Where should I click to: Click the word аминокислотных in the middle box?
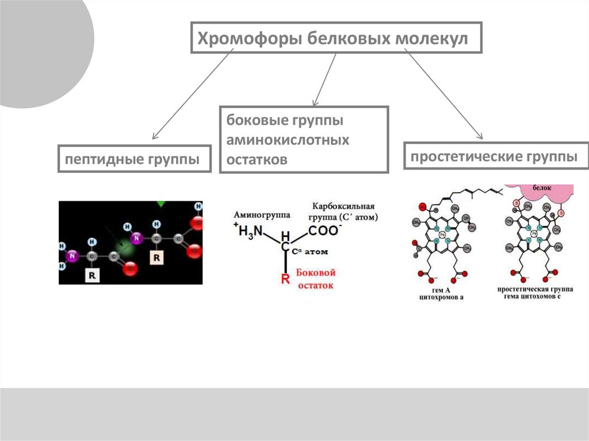coord(288,140)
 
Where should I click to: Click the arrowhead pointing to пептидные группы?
coord(155,137)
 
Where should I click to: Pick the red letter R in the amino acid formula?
coord(284,280)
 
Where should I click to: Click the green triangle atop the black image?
coord(160,204)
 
